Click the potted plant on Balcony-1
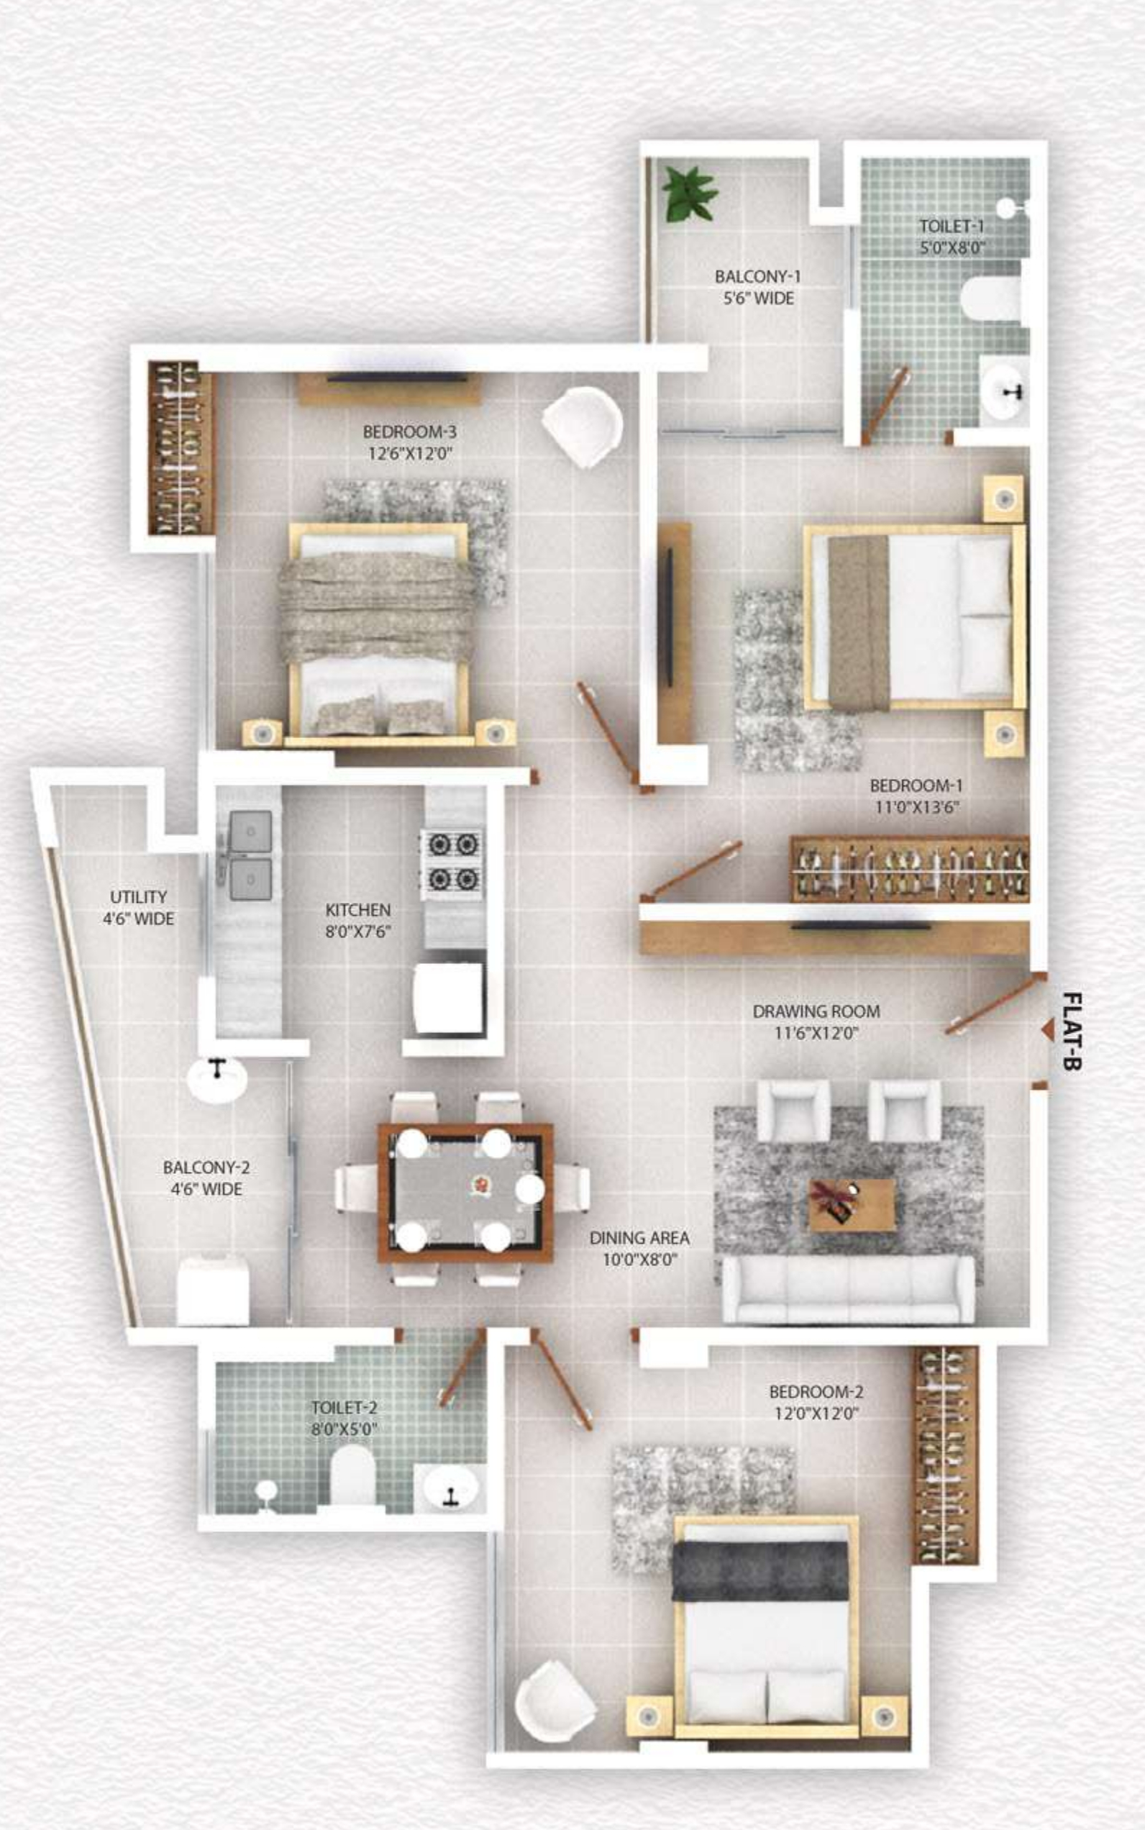[689, 194]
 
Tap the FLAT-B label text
[1072, 1031]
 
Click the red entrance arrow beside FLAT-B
[1047, 1029]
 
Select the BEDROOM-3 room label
[409, 432]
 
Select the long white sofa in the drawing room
[848, 1289]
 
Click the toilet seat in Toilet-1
[992, 299]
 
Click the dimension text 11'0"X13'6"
[916, 807]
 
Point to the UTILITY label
[138, 897]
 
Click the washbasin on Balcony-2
[217, 1078]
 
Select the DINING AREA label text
[639, 1238]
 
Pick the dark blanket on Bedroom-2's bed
[759, 1570]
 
